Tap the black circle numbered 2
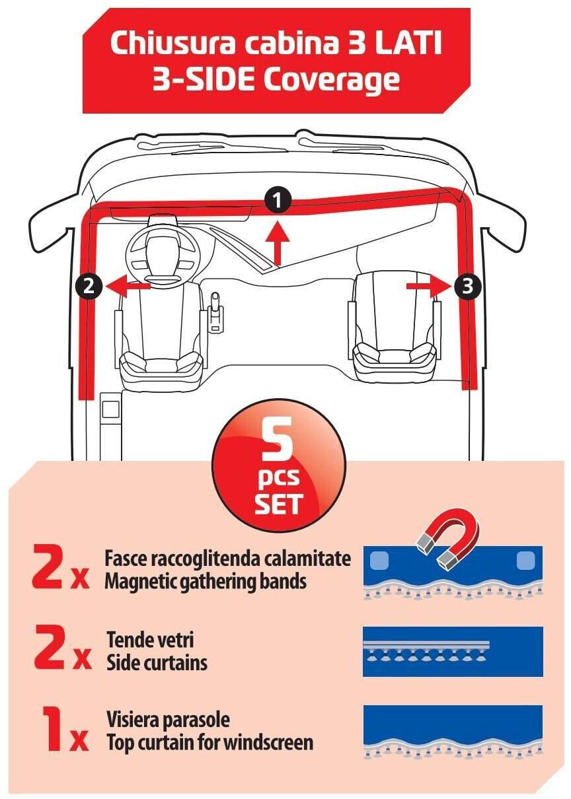(89, 286)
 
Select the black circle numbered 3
(467, 286)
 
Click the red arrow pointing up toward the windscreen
(278, 244)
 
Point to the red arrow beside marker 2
(128, 286)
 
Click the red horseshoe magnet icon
(447, 538)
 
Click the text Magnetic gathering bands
(206, 581)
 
